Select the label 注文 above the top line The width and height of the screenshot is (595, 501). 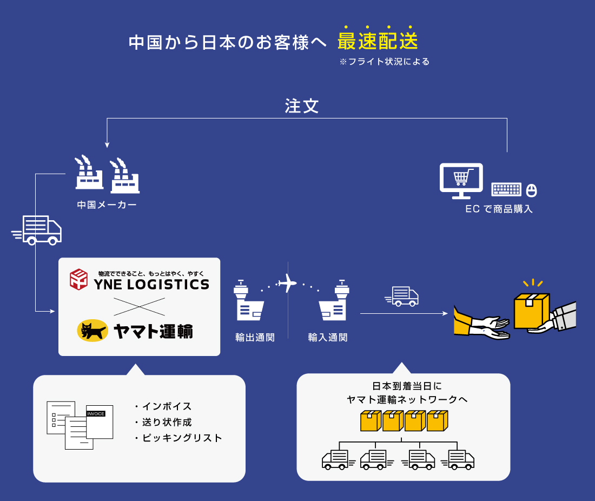302,106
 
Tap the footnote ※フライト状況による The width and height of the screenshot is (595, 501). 384,62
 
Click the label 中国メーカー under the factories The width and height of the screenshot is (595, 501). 107,205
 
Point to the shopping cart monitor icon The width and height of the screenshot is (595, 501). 461,179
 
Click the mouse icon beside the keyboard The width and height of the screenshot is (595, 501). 532,190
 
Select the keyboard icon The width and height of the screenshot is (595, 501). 506,189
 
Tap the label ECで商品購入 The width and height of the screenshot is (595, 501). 499,209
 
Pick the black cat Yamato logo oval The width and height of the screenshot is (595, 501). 92,331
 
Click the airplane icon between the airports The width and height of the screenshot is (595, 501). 286,283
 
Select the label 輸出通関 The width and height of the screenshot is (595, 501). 255,338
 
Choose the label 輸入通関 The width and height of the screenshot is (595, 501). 327,338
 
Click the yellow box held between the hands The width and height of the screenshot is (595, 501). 531,311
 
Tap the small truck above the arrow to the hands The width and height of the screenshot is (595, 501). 402,296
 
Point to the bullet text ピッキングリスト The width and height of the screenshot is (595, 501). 182,438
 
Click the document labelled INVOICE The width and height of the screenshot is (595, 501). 100,421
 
